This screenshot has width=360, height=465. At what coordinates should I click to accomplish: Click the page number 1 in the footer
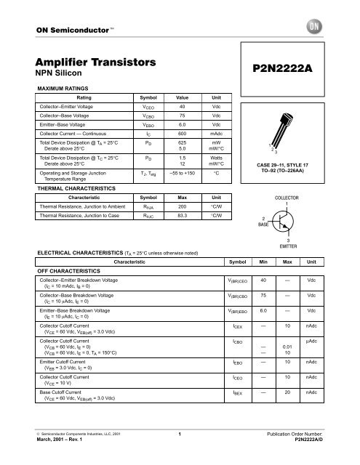[x=180, y=453]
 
